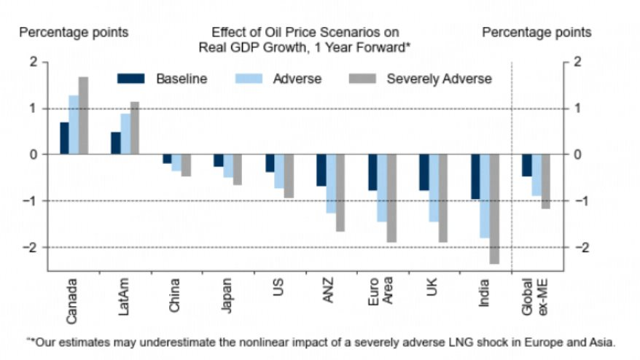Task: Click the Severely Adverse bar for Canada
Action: pyautogui.click(x=83, y=116)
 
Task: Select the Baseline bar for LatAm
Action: pyautogui.click(x=116, y=144)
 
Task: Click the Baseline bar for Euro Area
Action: pyautogui.click(x=372, y=173)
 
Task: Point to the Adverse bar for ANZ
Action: pyautogui.click(x=330, y=184)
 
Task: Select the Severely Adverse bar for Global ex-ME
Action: pyautogui.click(x=545, y=181)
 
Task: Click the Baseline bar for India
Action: pyautogui.click(x=475, y=177)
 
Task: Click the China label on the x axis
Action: pyautogui.click(x=174, y=295)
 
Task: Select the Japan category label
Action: pyautogui.click(x=226, y=295)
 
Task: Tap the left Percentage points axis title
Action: pyautogui.click(x=74, y=32)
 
